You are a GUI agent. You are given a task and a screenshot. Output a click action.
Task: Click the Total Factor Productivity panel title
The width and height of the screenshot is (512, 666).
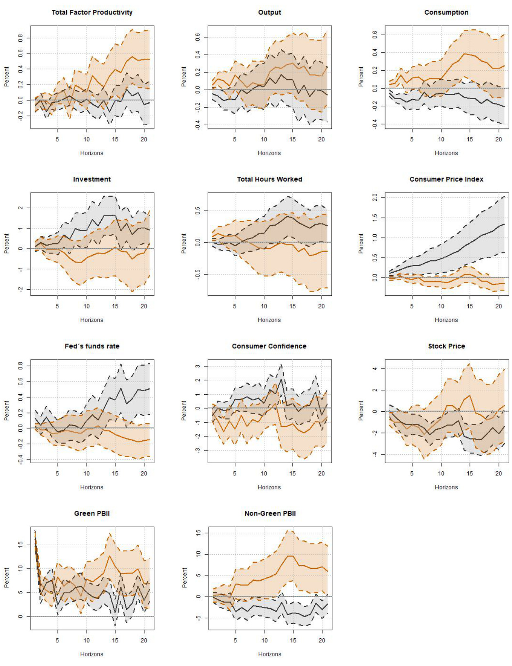(92, 12)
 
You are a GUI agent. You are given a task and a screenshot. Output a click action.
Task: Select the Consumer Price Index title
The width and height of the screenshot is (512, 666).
(446, 179)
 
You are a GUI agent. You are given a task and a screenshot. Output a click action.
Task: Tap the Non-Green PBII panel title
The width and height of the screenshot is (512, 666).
(270, 513)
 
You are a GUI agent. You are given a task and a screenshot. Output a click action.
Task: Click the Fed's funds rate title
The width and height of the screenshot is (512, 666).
(92, 346)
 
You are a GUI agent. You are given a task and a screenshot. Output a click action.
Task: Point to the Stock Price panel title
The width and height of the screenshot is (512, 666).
(446, 346)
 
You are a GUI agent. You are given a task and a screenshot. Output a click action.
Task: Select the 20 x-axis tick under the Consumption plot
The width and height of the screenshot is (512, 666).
(499, 139)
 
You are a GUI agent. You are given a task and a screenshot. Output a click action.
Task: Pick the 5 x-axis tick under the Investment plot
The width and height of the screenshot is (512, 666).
(58, 306)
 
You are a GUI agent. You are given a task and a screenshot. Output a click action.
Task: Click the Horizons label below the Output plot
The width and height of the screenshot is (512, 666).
(269, 153)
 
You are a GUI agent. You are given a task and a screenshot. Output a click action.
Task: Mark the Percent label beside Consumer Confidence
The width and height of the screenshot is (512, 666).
(184, 411)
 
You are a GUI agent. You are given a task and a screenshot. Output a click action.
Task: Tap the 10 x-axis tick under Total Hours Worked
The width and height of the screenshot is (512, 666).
(264, 306)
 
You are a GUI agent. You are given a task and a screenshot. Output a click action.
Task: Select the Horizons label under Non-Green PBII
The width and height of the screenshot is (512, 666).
(269, 654)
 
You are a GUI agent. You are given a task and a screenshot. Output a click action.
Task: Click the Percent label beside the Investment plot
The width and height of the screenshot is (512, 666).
(7, 244)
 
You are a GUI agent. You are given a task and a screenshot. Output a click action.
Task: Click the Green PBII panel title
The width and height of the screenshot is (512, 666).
(92, 513)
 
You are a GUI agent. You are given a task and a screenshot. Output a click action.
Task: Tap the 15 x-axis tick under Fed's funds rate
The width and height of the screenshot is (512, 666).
(116, 473)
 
